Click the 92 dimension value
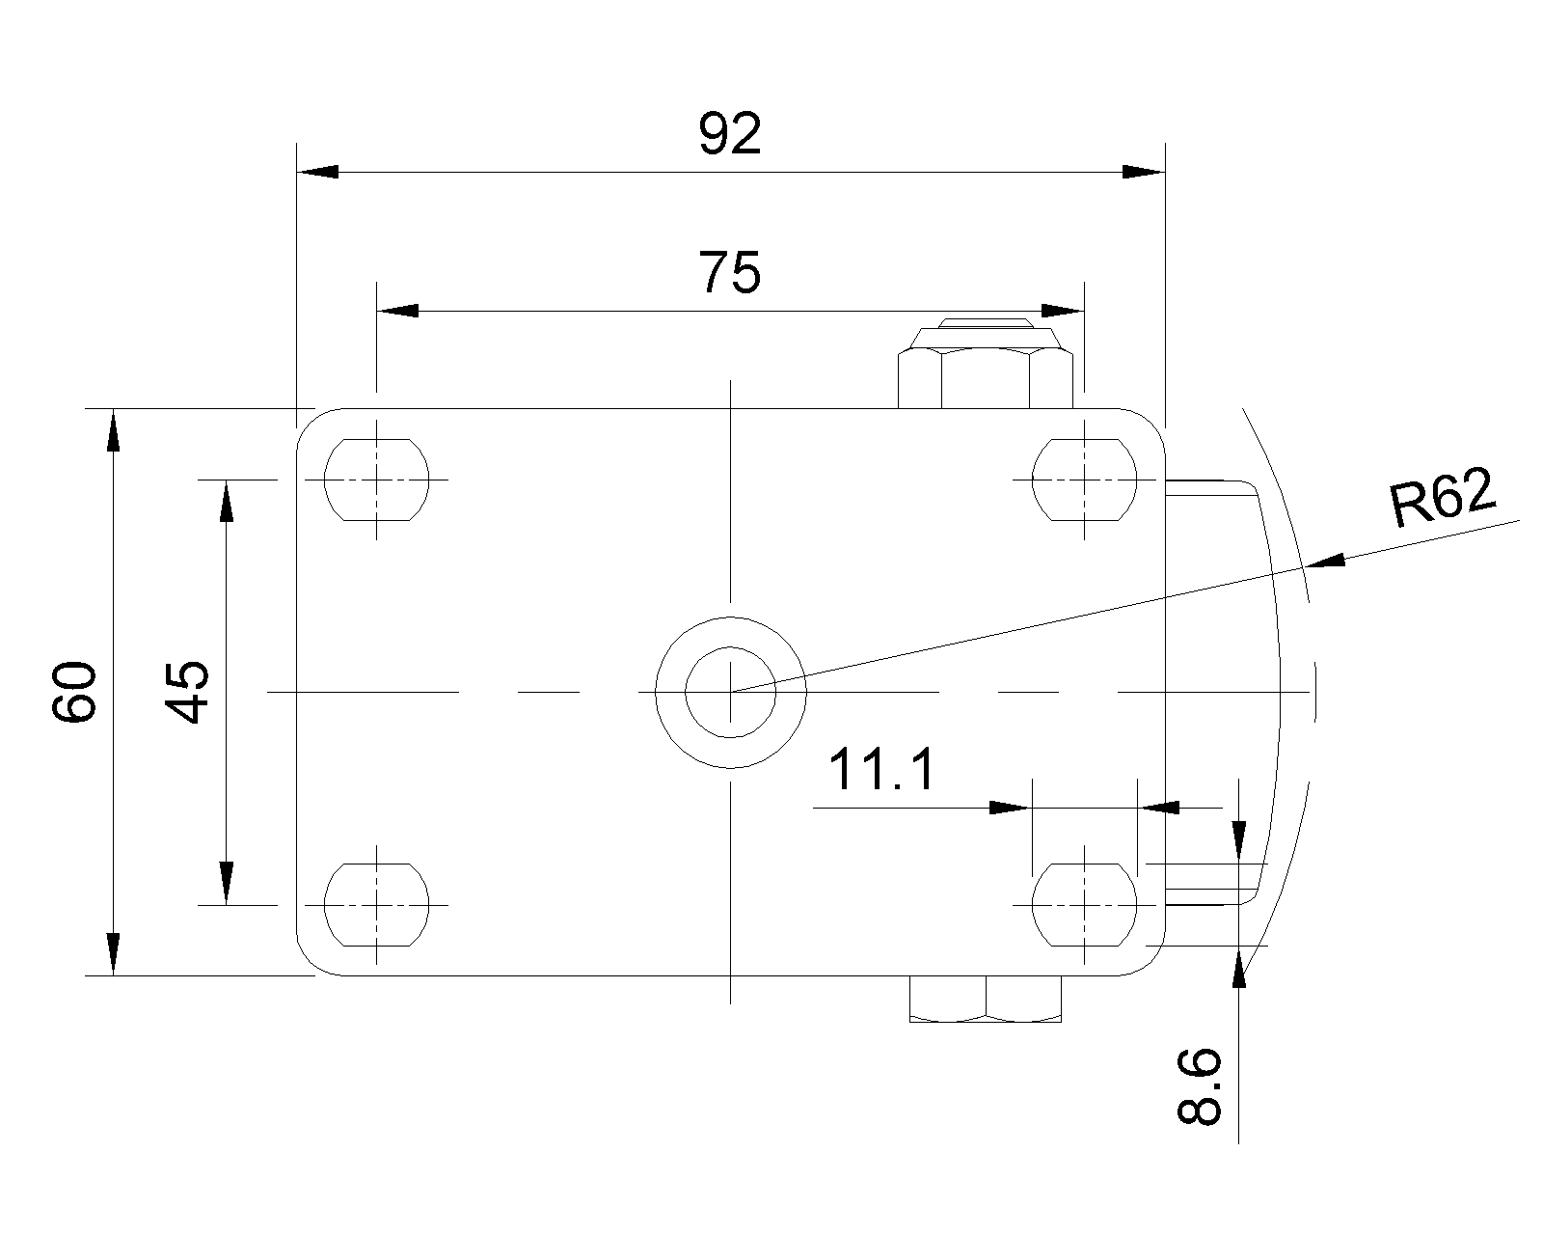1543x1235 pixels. point(730,134)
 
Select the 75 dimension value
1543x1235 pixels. point(730,273)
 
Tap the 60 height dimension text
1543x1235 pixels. point(75,692)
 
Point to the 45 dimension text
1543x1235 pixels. point(187,692)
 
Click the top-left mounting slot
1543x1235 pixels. point(376,480)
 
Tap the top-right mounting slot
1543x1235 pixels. point(1084,480)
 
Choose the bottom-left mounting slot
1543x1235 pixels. point(376,905)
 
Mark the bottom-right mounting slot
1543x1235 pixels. point(1084,905)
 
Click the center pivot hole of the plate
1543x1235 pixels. point(731,692)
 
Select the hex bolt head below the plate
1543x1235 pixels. point(986,1000)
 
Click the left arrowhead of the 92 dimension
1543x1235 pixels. point(317,173)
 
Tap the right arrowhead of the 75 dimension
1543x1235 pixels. point(1064,311)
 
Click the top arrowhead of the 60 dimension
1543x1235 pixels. point(114,429)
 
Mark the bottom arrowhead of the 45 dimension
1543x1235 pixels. point(226,883)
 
